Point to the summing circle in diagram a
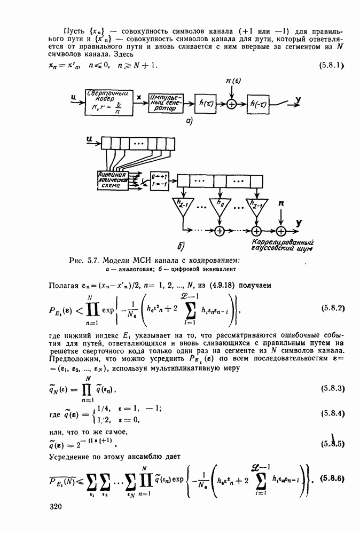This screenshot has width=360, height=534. (231, 105)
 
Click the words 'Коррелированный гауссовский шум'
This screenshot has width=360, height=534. (281, 245)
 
